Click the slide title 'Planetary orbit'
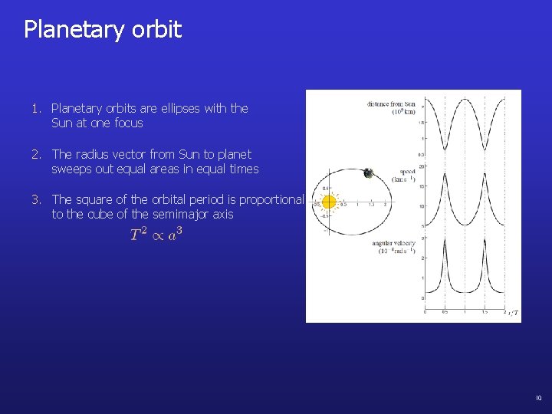[x=103, y=30]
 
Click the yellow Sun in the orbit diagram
[x=330, y=202]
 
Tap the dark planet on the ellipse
[x=368, y=173]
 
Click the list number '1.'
[x=37, y=109]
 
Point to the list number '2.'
[x=37, y=154]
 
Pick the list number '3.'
[x=37, y=199]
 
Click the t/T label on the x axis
[x=513, y=313]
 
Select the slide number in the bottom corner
[x=538, y=398]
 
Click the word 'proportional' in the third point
[x=271, y=199]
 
